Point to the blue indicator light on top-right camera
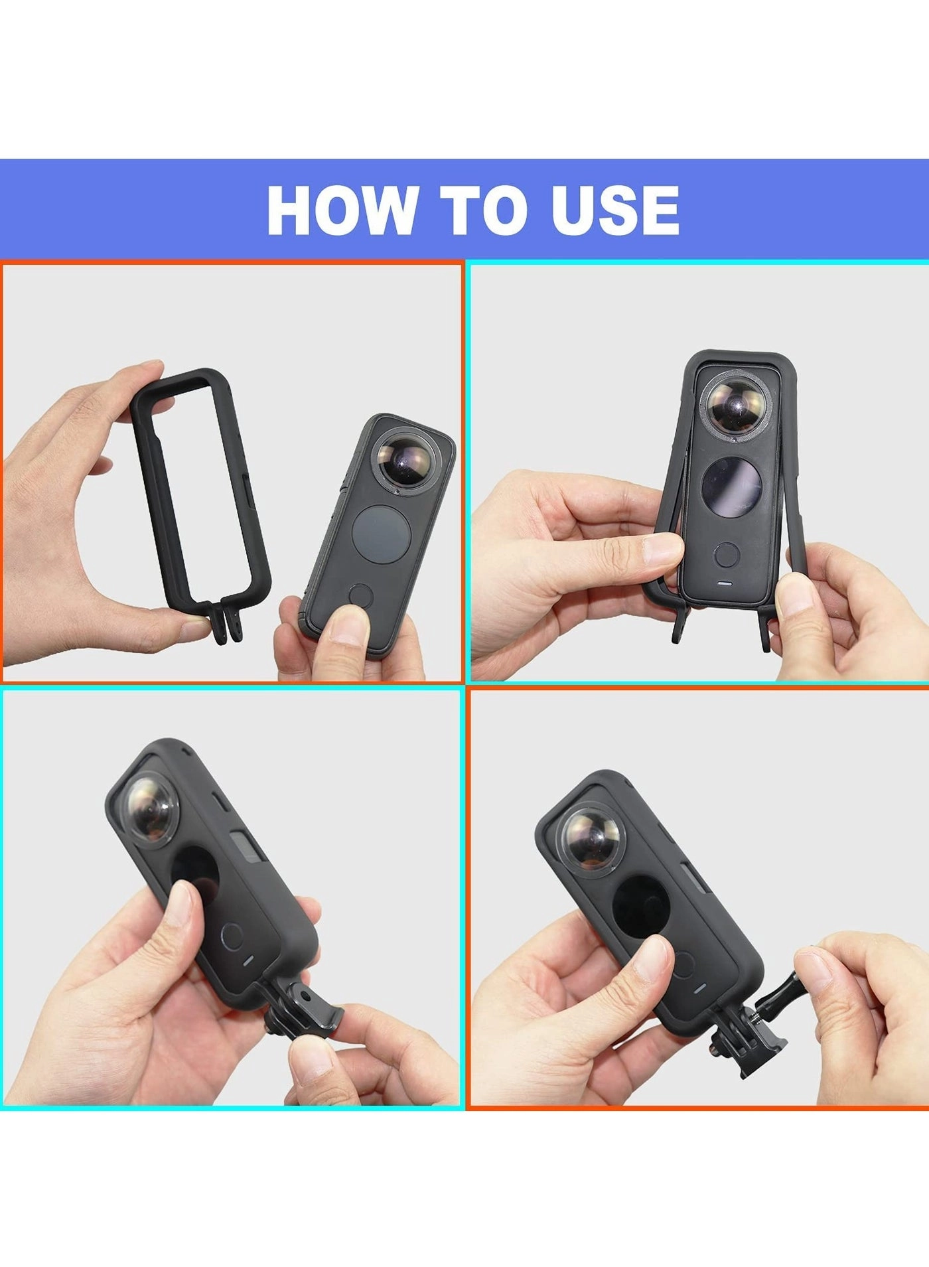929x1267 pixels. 725,584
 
